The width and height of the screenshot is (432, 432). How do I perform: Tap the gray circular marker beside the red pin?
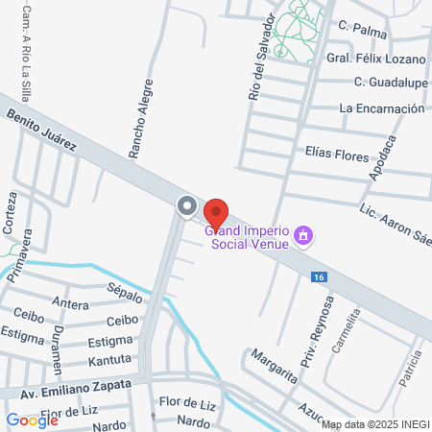(x=186, y=205)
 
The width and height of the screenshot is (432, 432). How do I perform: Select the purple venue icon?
(x=304, y=235)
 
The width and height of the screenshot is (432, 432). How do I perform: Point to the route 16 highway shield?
(x=318, y=276)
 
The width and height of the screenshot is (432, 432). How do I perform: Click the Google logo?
(x=32, y=420)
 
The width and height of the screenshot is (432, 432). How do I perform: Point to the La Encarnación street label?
(x=381, y=108)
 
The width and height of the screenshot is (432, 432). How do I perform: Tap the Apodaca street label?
(x=381, y=156)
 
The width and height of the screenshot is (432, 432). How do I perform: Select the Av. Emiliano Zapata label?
(x=66, y=391)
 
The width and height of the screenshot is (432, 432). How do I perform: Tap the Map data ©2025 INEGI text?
(x=373, y=424)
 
